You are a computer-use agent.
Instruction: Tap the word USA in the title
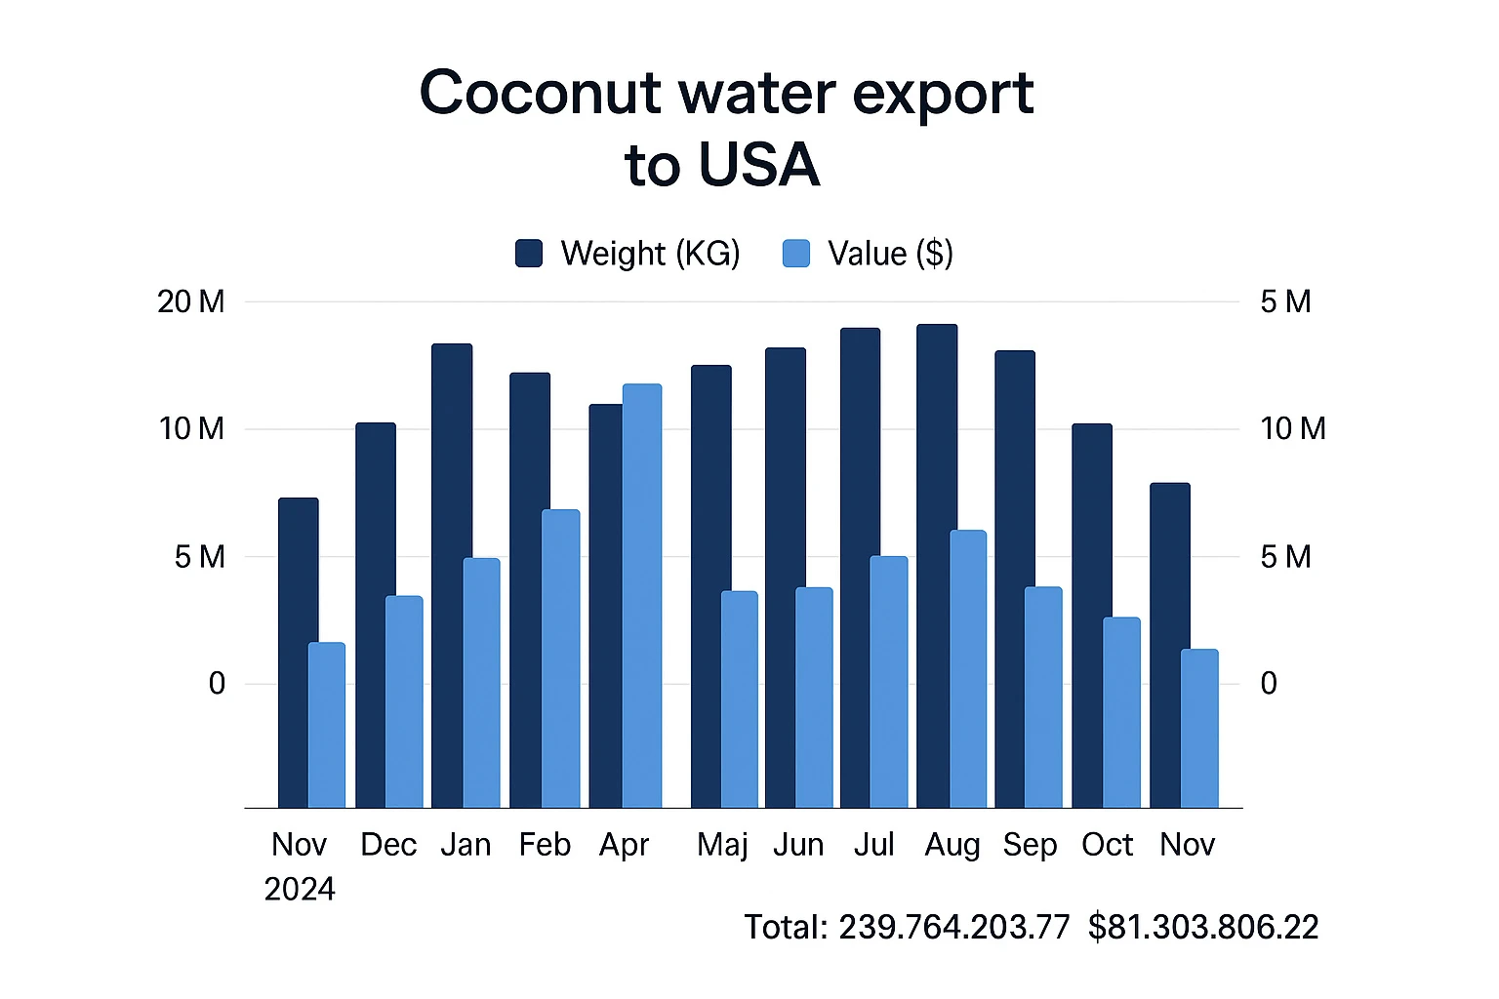[x=757, y=165]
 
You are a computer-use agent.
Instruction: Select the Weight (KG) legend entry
[x=628, y=254]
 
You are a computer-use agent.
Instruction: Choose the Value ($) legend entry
[x=868, y=254]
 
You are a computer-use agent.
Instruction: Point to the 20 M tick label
[x=190, y=302]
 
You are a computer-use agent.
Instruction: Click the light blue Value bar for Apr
[x=642, y=595]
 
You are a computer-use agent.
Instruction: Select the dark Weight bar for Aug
[x=936, y=566]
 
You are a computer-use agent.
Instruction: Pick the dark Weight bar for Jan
[x=451, y=576]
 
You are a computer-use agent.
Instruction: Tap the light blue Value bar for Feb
[x=561, y=659]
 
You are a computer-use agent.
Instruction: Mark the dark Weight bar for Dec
[x=375, y=615]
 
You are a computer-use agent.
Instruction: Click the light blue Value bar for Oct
[x=1121, y=712]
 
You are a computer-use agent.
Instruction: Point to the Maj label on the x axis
[x=722, y=845]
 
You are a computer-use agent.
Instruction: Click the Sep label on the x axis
[x=1030, y=845]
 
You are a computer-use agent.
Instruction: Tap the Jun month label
[x=798, y=845]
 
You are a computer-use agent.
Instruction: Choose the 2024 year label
[x=300, y=889]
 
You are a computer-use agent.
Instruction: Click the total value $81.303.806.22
[x=1203, y=927]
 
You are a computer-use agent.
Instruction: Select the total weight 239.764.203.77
[x=953, y=927]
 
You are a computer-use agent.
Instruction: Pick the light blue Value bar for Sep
[x=1043, y=698]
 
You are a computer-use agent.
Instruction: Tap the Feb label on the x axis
[x=545, y=845]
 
